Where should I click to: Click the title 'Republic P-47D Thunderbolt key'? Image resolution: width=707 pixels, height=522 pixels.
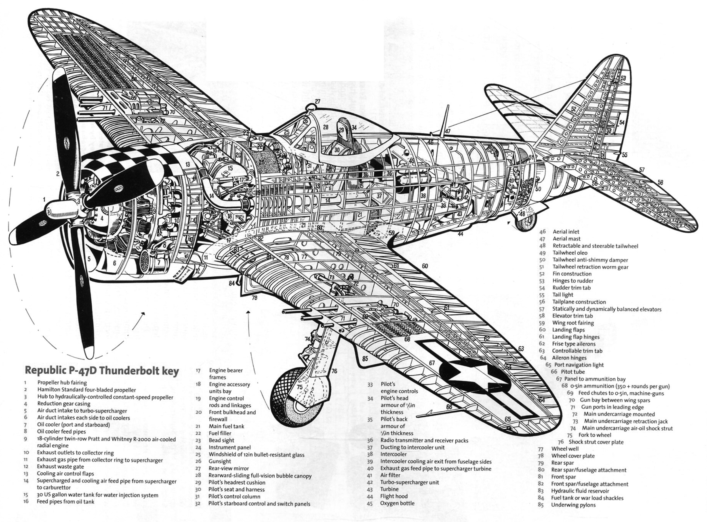(x=102, y=370)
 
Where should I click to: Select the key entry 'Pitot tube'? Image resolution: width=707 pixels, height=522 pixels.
(x=573, y=372)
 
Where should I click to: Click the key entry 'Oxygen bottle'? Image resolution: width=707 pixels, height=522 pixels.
(x=397, y=503)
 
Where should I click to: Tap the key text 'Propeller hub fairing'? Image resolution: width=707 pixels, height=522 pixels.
(x=62, y=383)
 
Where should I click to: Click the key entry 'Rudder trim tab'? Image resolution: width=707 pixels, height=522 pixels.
(x=571, y=288)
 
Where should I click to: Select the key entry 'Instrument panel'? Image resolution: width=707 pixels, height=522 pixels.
(x=229, y=447)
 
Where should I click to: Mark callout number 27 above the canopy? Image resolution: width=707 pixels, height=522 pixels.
(x=318, y=101)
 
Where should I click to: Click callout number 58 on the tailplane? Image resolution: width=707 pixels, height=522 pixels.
(x=660, y=183)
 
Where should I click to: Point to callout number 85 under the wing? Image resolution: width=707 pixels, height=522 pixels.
(x=365, y=358)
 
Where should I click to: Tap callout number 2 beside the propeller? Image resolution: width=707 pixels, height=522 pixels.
(x=58, y=174)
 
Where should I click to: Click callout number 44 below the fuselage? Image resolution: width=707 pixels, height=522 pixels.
(x=460, y=234)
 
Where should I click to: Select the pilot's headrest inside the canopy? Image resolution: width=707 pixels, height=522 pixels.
(x=342, y=130)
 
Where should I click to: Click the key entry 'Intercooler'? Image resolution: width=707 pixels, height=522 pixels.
(x=393, y=454)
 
